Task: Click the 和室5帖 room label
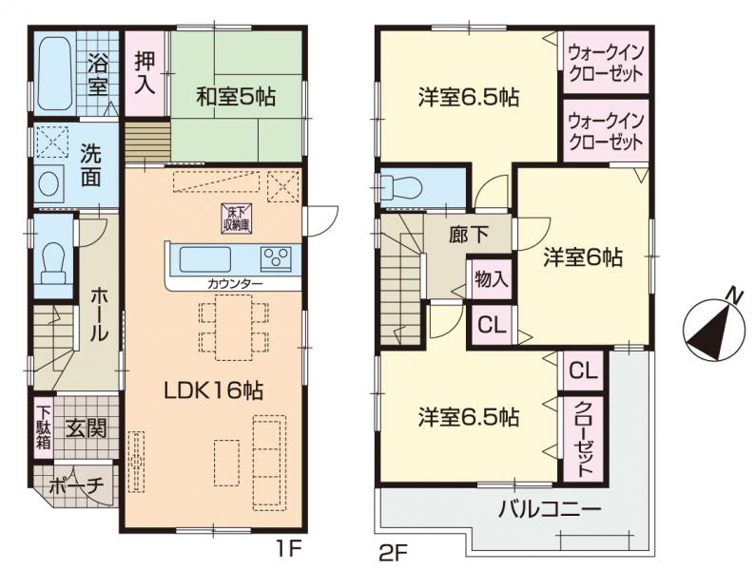click(x=236, y=98)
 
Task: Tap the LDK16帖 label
click(x=214, y=391)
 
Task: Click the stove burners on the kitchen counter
click(x=276, y=258)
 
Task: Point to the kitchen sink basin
click(x=205, y=259)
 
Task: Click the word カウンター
click(x=235, y=284)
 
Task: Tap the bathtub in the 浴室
click(x=54, y=74)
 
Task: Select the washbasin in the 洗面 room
click(x=48, y=183)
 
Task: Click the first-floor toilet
click(x=53, y=262)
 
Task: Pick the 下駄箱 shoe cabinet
click(x=44, y=428)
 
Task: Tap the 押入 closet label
click(x=145, y=73)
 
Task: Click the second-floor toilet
click(x=400, y=186)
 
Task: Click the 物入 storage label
click(x=492, y=278)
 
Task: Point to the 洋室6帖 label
click(x=583, y=257)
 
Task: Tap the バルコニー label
click(x=550, y=509)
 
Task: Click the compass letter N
click(x=734, y=294)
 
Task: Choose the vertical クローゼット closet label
click(x=584, y=438)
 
